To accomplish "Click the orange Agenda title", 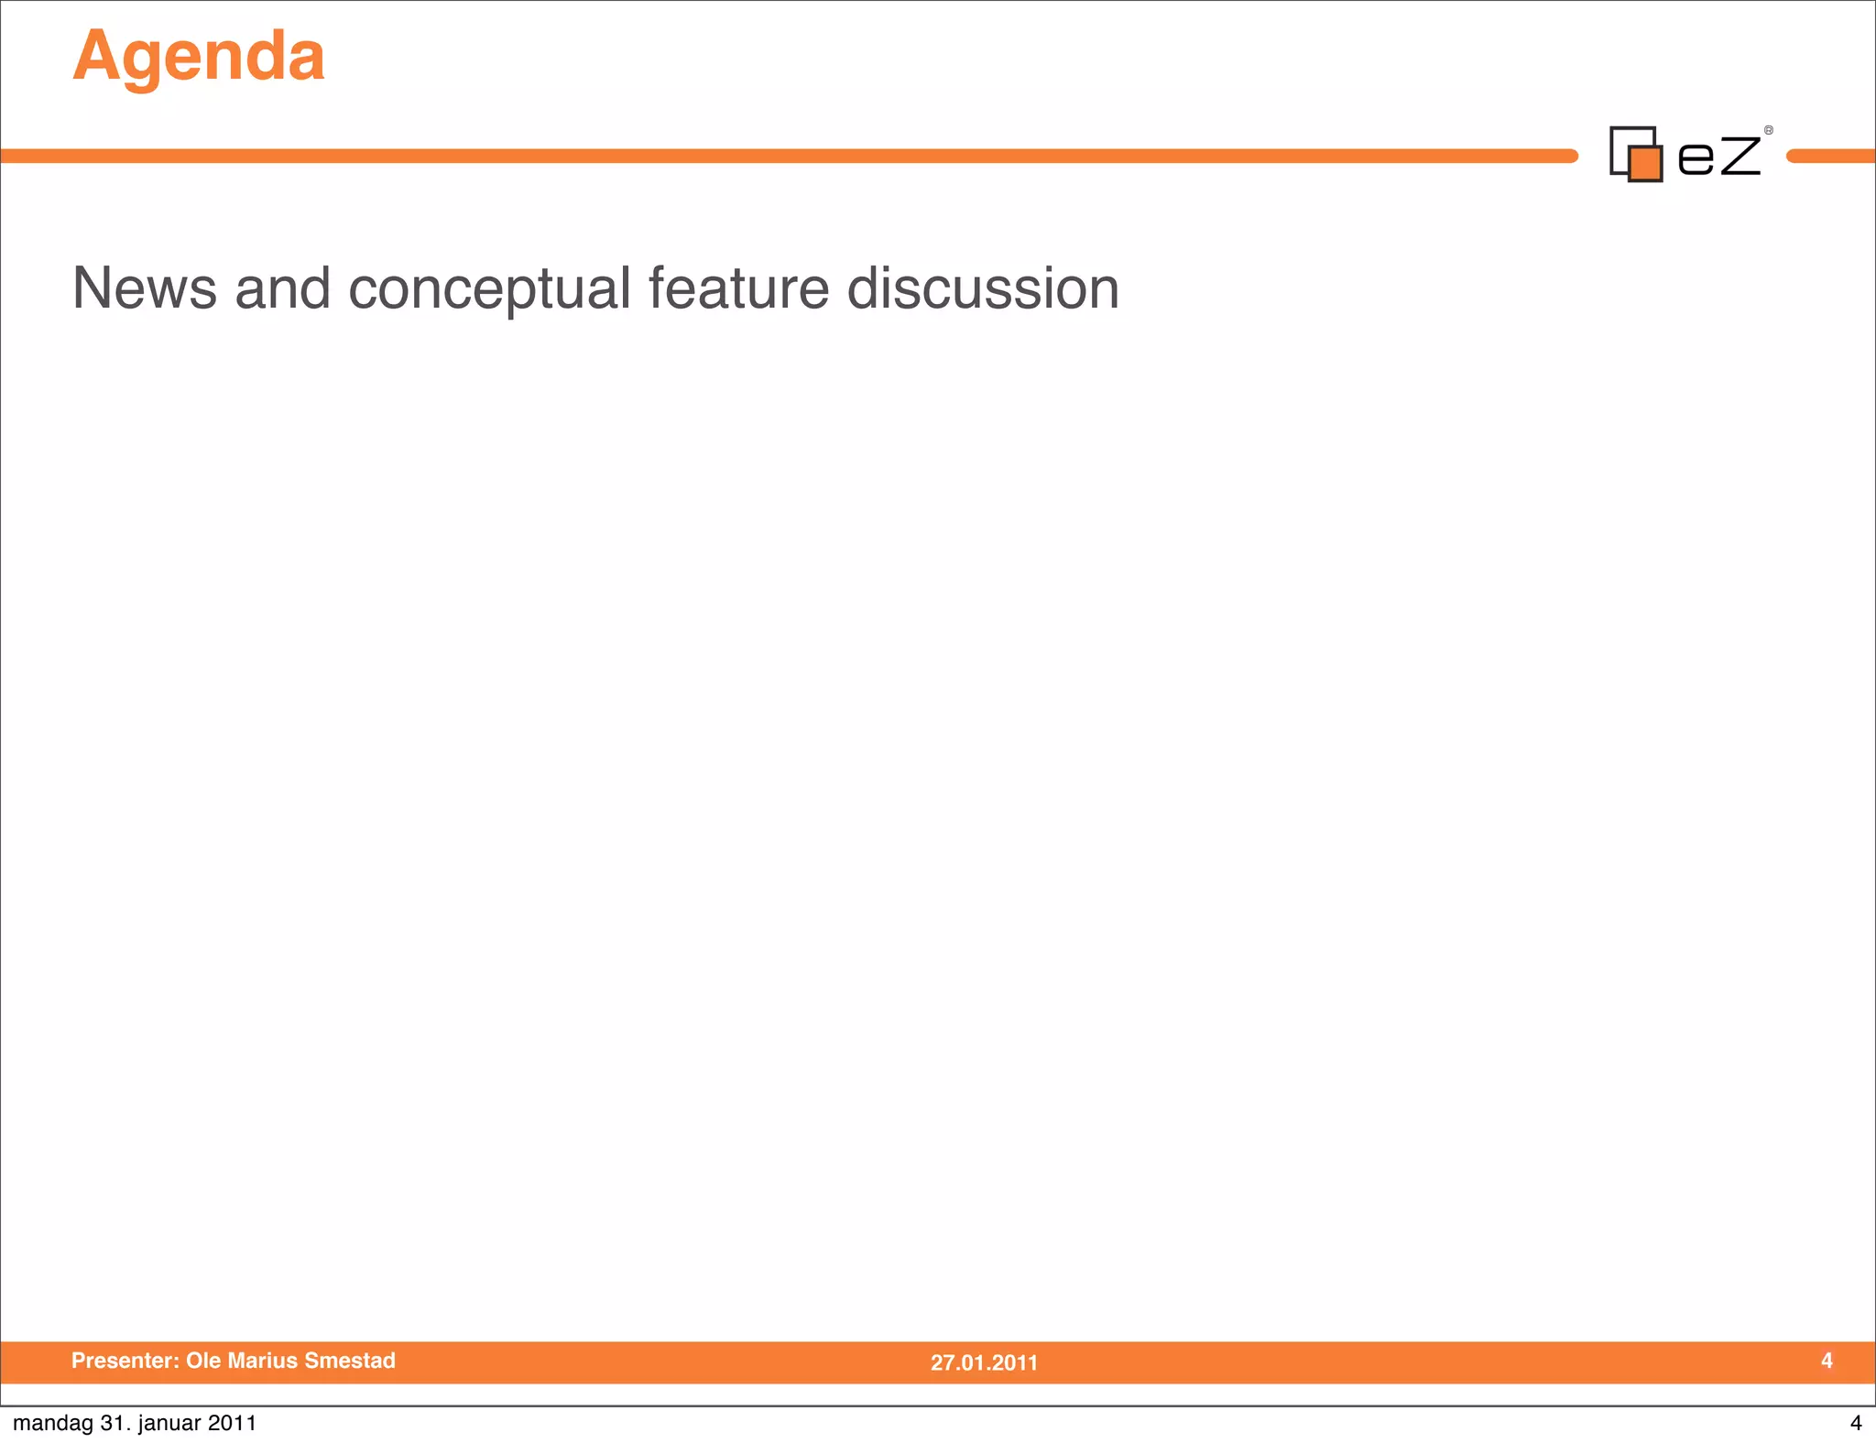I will point(199,57).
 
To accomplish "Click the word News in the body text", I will point(144,288).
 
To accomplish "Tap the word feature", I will point(738,288).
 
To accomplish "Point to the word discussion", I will point(983,288).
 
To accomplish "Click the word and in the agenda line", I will point(282,288).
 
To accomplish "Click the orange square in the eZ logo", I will point(1646,164).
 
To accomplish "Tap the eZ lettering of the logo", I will point(1718,155).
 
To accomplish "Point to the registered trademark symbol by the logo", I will point(1769,131).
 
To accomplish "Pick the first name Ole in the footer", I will point(203,1361).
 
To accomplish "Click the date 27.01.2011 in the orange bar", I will point(984,1362).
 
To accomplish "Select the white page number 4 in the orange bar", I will point(1827,1361).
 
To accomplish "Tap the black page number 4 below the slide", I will point(1856,1423).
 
